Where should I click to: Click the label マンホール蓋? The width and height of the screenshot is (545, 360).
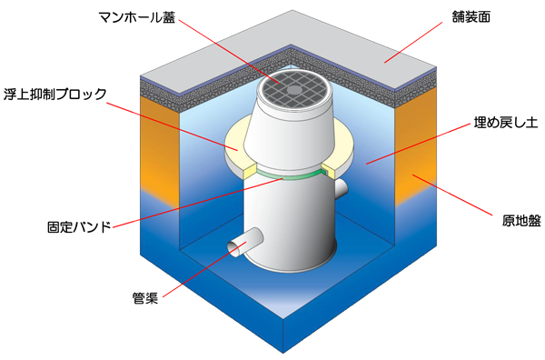[137, 18]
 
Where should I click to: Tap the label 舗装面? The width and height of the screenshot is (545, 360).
[471, 17]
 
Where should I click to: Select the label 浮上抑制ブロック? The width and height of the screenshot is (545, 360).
[54, 95]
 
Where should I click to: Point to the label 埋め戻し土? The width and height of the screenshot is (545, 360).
[506, 123]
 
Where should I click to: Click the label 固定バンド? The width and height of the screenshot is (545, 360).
[79, 227]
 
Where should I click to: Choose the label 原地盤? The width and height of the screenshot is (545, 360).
[521, 221]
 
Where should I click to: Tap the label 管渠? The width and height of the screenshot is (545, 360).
[145, 298]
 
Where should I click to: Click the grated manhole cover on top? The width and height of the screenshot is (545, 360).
[294, 90]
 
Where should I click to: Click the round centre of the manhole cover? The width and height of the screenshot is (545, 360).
[294, 90]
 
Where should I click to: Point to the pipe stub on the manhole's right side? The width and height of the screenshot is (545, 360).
[341, 189]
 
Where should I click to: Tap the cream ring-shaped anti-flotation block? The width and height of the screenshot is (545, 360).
[235, 146]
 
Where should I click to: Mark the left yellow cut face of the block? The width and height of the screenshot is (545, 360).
[251, 172]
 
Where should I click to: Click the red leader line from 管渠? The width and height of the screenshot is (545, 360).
[204, 270]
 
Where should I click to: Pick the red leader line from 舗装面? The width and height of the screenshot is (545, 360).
[413, 43]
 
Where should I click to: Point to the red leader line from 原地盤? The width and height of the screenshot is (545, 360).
[452, 195]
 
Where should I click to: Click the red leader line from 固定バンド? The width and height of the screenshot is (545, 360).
[198, 204]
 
